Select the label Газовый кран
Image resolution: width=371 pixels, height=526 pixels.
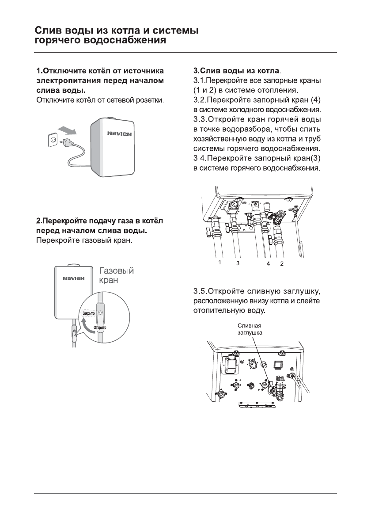(116, 276)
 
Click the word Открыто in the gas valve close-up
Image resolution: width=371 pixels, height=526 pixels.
(100, 328)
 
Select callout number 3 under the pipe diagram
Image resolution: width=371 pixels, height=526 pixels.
(238, 263)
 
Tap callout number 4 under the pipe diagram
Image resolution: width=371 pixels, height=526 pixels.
(268, 263)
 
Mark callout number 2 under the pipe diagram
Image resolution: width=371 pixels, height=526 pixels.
(281, 263)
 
